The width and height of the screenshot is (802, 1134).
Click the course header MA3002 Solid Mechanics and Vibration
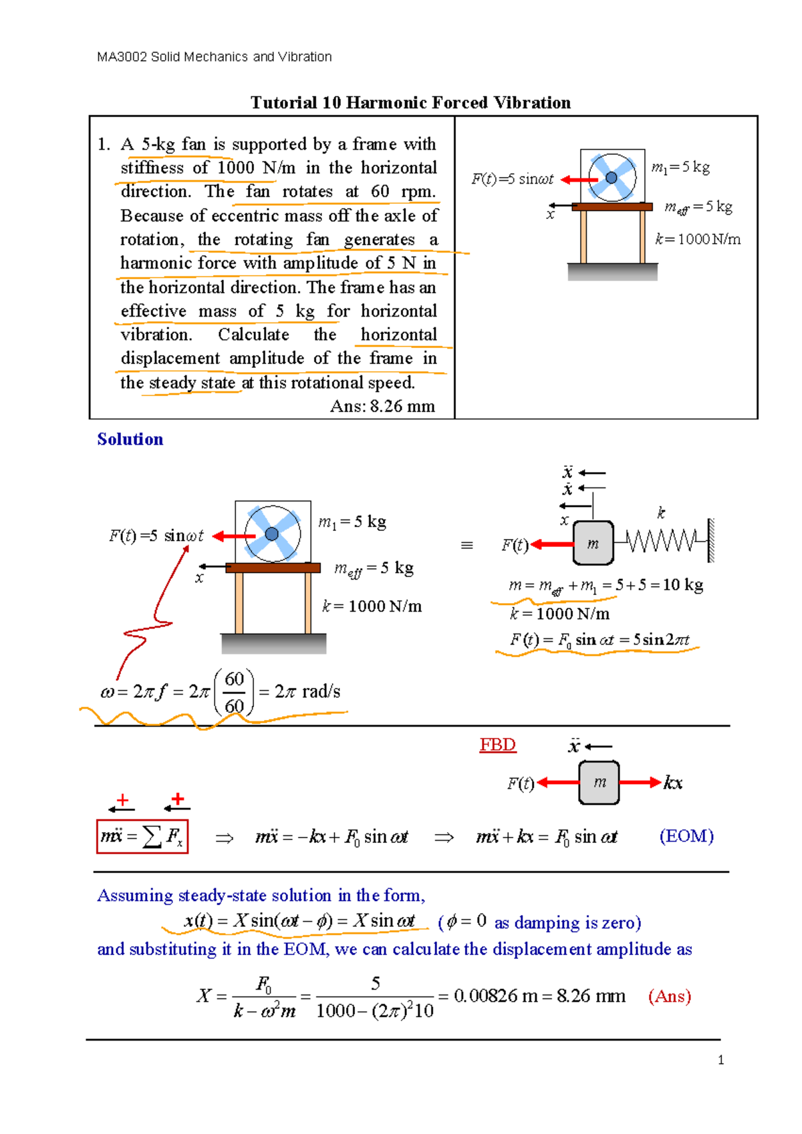214,57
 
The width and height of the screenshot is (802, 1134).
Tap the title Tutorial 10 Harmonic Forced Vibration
410,102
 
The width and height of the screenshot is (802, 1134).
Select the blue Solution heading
130,439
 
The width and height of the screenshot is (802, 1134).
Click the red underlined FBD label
497,745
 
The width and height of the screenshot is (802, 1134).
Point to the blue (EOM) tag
686,836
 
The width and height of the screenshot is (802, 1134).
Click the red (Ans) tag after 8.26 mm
669,996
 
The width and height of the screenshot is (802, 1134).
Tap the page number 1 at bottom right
720,1060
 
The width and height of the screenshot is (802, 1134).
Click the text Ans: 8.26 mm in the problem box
382,406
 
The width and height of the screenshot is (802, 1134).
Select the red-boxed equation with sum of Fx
142,836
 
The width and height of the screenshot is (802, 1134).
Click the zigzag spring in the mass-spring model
661,540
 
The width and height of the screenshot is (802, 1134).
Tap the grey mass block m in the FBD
599,782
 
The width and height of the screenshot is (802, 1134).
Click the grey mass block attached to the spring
593,544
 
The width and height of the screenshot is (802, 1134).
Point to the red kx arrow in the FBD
640,782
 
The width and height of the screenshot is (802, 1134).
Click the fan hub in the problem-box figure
611,178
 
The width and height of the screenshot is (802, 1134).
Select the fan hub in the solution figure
271,534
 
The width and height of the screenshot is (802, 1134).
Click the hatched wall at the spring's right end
711,540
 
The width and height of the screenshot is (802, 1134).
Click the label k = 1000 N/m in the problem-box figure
698,239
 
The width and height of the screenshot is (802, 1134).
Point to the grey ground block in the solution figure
274,644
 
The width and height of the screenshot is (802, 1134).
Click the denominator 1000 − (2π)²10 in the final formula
375,1011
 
